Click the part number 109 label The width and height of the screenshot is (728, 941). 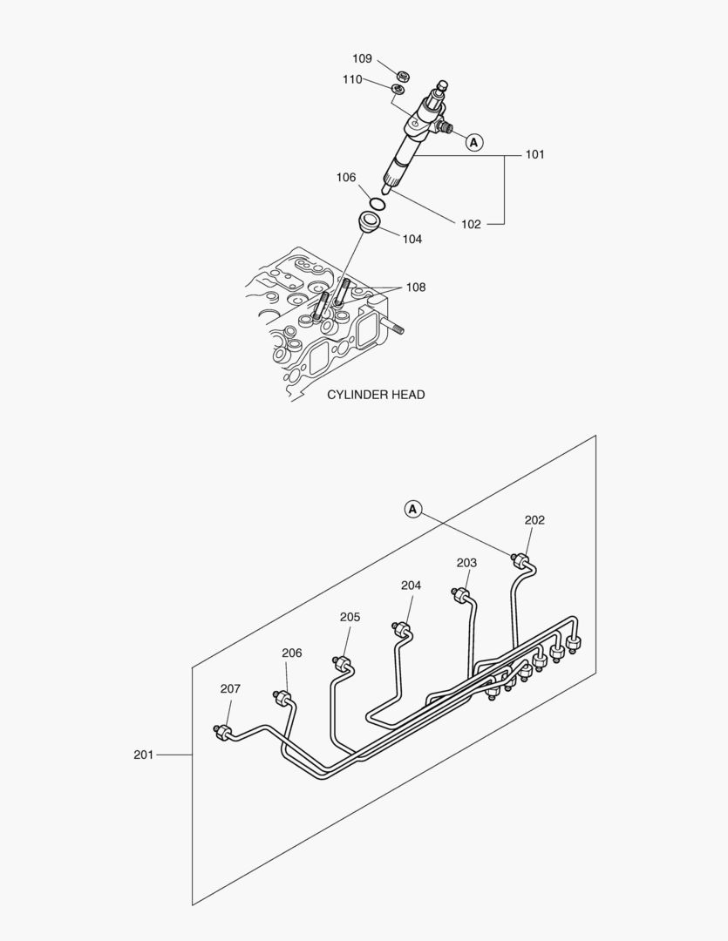point(362,58)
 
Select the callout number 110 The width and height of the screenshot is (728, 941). point(352,79)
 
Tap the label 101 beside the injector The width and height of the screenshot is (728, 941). point(534,154)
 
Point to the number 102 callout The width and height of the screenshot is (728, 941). point(471,224)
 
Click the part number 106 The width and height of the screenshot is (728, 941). point(346,178)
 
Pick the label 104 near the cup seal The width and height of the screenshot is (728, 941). point(412,239)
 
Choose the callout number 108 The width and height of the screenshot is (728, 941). point(416,287)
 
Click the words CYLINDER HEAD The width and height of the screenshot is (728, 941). point(376,394)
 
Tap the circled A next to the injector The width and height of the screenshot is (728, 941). point(473,141)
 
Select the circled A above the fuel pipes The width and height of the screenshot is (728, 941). point(413,508)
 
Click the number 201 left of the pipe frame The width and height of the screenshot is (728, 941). point(143,755)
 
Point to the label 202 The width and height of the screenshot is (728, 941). point(534,520)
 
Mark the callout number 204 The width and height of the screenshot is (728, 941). point(411,586)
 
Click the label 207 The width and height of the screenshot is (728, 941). point(230,688)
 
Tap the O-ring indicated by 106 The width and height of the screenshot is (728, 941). point(377,204)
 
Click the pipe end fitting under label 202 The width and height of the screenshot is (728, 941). point(522,559)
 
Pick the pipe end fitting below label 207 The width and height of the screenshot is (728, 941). point(223,731)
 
